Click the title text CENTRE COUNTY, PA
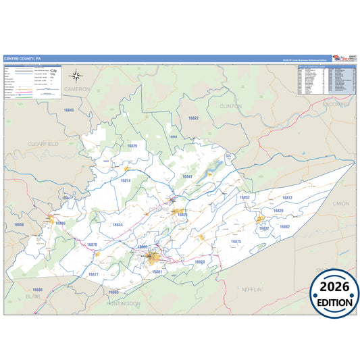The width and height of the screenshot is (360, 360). [22, 59]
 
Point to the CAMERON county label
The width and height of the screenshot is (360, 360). [76, 88]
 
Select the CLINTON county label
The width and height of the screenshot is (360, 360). [230, 106]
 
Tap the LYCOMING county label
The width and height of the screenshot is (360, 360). [336, 105]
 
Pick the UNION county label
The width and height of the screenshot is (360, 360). [341, 203]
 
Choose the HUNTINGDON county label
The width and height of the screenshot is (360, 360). [123, 304]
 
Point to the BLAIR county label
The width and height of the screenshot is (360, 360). [32, 296]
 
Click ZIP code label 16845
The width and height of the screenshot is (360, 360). [68, 109]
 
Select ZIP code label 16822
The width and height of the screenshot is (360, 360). [194, 118]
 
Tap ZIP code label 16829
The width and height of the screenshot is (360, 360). [132, 146]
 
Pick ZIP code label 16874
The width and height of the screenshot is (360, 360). [126, 181]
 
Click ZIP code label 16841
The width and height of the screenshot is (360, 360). [187, 177]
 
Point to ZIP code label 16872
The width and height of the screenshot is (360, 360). [286, 198]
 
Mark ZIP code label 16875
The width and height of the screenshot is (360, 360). [236, 241]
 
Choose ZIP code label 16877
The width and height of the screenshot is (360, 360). [93, 274]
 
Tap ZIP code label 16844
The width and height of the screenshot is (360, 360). [118, 224]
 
